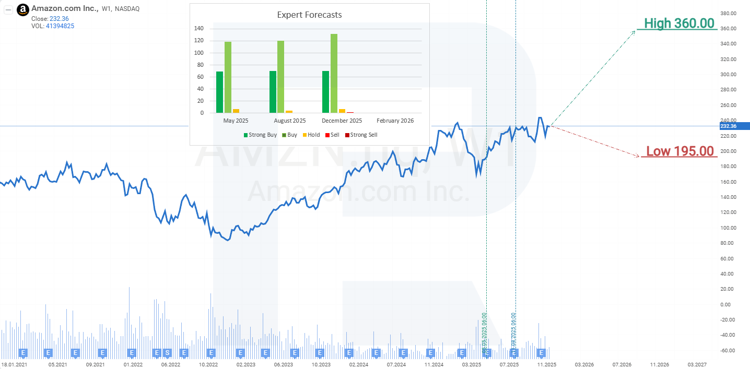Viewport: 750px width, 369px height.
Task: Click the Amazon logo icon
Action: point(23,9)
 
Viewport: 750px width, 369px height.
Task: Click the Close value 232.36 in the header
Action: point(58,18)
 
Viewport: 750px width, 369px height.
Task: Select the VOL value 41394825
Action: point(60,26)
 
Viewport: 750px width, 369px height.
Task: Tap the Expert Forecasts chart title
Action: point(309,15)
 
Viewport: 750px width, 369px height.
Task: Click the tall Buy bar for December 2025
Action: point(334,73)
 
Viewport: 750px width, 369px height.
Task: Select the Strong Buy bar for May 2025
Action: point(220,92)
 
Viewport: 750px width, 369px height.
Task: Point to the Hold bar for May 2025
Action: point(236,111)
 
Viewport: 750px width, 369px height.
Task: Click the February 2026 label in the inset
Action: point(395,121)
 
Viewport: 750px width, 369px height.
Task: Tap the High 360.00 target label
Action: point(678,23)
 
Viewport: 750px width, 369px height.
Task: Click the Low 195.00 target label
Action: point(679,151)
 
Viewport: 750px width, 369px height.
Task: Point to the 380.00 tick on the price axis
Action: point(728,13)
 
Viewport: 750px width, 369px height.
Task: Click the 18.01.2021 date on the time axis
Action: point(15,364)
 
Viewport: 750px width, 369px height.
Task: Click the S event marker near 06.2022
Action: point(167,352)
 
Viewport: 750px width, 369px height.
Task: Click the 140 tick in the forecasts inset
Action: point(199,29)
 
